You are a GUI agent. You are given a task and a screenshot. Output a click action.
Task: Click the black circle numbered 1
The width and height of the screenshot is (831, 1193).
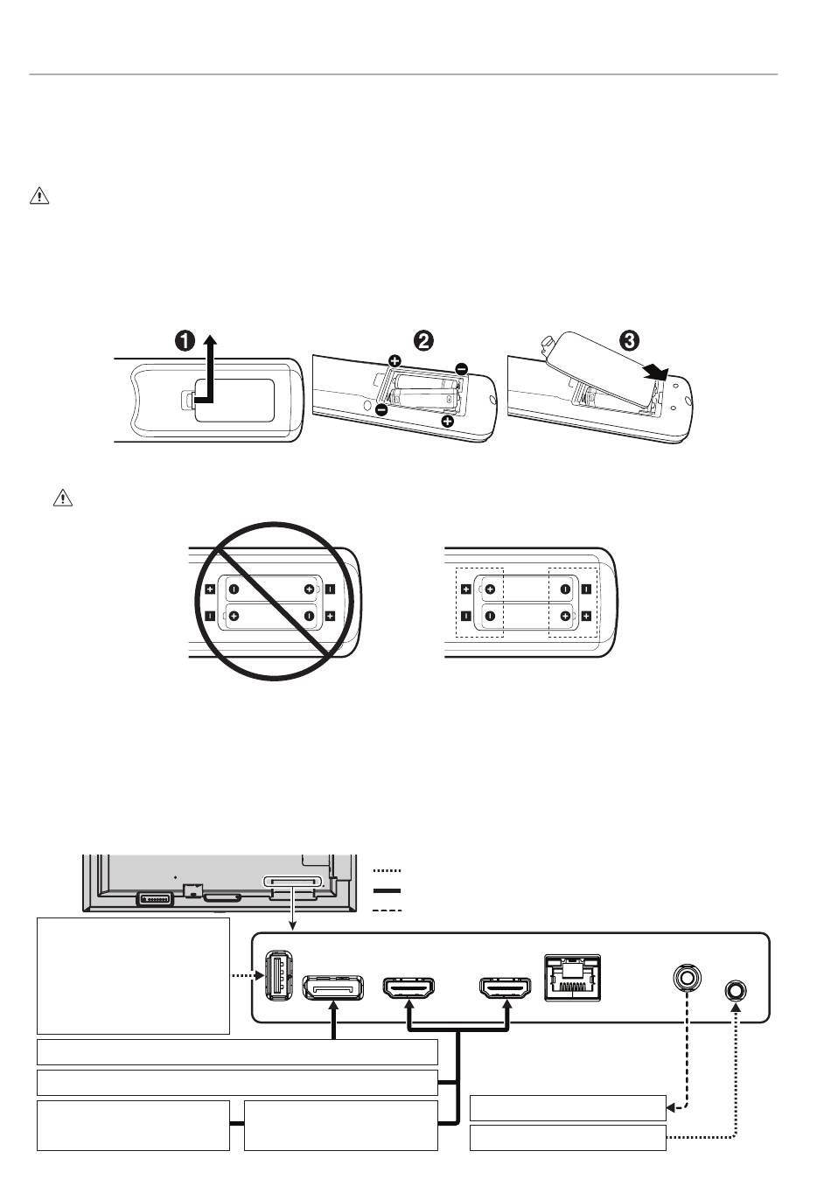[185, 341]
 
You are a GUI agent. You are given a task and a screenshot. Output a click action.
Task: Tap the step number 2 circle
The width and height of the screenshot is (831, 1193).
[424, 340]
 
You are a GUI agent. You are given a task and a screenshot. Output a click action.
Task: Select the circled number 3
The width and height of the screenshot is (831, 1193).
[632, 340]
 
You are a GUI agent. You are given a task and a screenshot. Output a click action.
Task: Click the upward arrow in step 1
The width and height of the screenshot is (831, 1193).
[209, 367]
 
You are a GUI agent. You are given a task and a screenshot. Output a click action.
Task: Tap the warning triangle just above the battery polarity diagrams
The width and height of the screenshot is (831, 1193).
[62, 499]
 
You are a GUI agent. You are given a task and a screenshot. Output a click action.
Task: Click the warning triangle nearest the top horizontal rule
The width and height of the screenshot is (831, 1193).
[39, 196]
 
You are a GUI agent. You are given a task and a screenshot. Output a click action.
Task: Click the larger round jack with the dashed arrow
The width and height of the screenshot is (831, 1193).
[686, 976]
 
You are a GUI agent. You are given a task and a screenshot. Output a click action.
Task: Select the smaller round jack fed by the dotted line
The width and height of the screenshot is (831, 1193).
[736, 990]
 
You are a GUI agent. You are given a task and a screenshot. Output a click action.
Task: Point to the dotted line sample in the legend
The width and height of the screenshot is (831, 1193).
[387, 871]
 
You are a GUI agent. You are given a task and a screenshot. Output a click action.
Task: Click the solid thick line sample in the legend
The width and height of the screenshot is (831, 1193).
[387, 891]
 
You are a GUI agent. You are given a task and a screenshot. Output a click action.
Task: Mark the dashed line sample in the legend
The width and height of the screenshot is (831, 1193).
[387, 910]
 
